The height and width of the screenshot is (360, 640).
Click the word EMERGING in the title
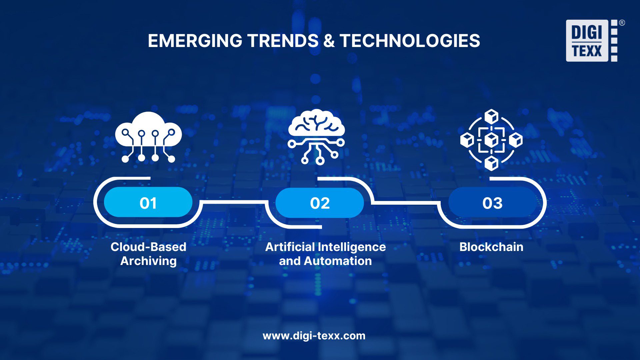[195, 41]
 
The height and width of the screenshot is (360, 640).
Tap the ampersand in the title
[329, 41]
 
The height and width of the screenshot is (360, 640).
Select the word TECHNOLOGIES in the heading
[410, 41]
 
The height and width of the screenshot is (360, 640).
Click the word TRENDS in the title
[283, 41]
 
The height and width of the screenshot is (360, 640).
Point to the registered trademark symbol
[622, 23]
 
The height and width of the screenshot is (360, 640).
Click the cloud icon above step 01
[148, 137]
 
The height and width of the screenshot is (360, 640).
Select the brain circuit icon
[316, 137]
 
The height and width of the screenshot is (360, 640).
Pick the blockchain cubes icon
[491, 140]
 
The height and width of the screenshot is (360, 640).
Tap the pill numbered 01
[148, 202]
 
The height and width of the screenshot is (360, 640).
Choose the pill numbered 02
[320, 203]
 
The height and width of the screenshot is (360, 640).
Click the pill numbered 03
[492, 203]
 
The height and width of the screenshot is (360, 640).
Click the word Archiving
[148, 261]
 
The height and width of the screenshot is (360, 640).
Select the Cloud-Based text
[148, 247]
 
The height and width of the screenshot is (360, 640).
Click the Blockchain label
[491, 247]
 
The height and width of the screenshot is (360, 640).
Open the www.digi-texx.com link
[314, 336]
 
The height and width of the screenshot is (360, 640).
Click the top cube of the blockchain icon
[491, 116]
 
